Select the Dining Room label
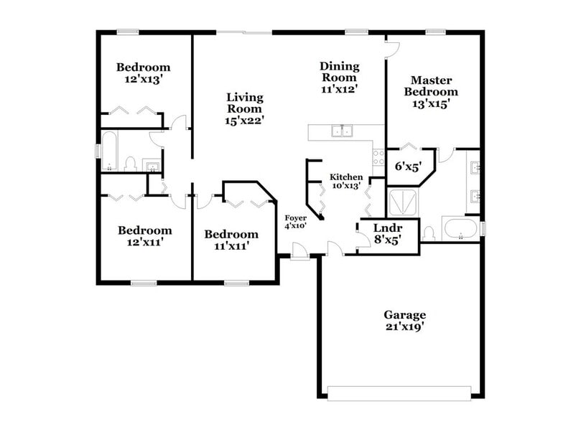click(339, 78)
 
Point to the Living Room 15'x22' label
click(244, 108)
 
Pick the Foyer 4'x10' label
click(296, 221)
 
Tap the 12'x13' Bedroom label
click(144, 74)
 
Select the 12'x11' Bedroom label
click(144, 236)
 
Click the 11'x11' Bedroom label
click(231, 240)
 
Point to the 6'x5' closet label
click(407, 167)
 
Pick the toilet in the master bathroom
click(429, 233)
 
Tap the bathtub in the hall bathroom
click(109, 151)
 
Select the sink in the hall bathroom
click(153, 167)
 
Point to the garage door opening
click(399, 391)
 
